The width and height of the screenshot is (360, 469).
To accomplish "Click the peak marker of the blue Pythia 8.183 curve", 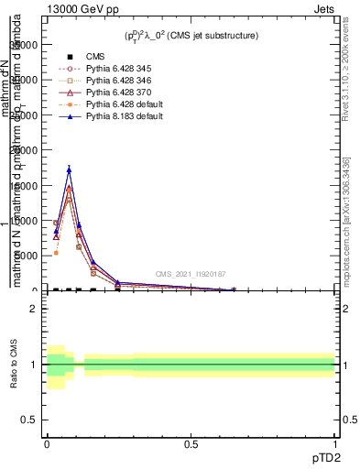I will tap(69, 170).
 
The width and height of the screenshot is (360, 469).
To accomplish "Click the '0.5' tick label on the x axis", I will tap(191, 443).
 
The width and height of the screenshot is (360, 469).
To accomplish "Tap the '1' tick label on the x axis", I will tap(335, 443).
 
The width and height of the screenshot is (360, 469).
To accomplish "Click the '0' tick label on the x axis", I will tap(47, 443).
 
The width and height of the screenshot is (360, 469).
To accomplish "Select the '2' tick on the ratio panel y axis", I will tap(33, 309).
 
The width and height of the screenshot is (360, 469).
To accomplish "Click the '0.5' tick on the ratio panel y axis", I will tap(28, 420).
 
